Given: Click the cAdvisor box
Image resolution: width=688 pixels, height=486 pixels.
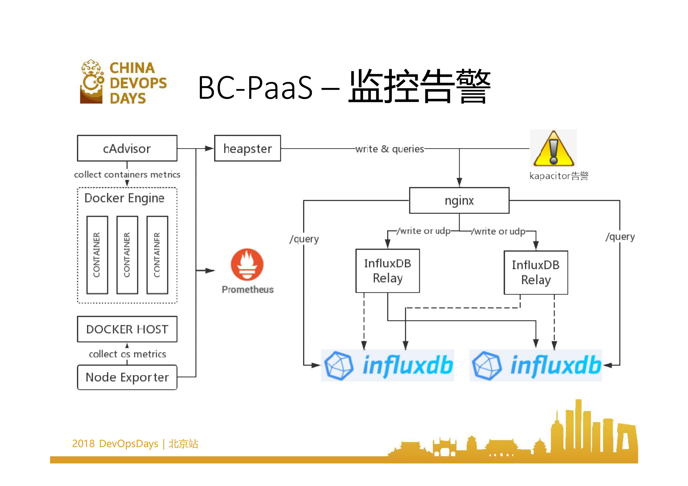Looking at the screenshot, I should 127,148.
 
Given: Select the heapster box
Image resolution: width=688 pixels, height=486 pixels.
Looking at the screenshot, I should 247,148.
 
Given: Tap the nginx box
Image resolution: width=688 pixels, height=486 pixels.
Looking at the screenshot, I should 459,201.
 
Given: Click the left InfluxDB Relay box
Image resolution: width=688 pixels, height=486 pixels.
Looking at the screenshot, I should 387,271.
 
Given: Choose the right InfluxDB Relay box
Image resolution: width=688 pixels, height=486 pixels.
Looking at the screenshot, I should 536,273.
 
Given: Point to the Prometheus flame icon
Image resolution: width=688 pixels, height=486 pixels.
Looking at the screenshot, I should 247,265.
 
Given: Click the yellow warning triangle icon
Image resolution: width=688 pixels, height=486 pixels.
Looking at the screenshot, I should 553,149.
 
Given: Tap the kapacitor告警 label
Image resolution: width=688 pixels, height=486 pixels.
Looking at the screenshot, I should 558,176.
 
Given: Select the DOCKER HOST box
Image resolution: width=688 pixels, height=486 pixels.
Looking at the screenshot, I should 127,329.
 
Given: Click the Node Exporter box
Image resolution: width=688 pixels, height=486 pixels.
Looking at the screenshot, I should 127,377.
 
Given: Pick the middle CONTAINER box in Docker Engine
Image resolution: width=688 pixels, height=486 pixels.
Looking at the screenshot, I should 127,255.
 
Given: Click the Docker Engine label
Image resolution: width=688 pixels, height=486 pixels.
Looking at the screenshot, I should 124,198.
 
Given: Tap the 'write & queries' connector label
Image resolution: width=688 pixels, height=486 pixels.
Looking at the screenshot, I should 390,149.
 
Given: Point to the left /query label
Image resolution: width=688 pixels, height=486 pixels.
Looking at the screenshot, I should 304,239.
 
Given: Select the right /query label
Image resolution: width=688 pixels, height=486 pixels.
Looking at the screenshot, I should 620,237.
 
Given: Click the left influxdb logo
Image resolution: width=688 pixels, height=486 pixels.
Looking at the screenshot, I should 387,365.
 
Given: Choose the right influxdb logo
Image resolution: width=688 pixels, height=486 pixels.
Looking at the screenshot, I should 536,365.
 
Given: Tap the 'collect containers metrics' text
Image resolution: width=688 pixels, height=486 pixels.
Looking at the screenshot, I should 127,175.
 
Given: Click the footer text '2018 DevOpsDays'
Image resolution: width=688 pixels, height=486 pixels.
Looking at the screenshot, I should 115,443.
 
